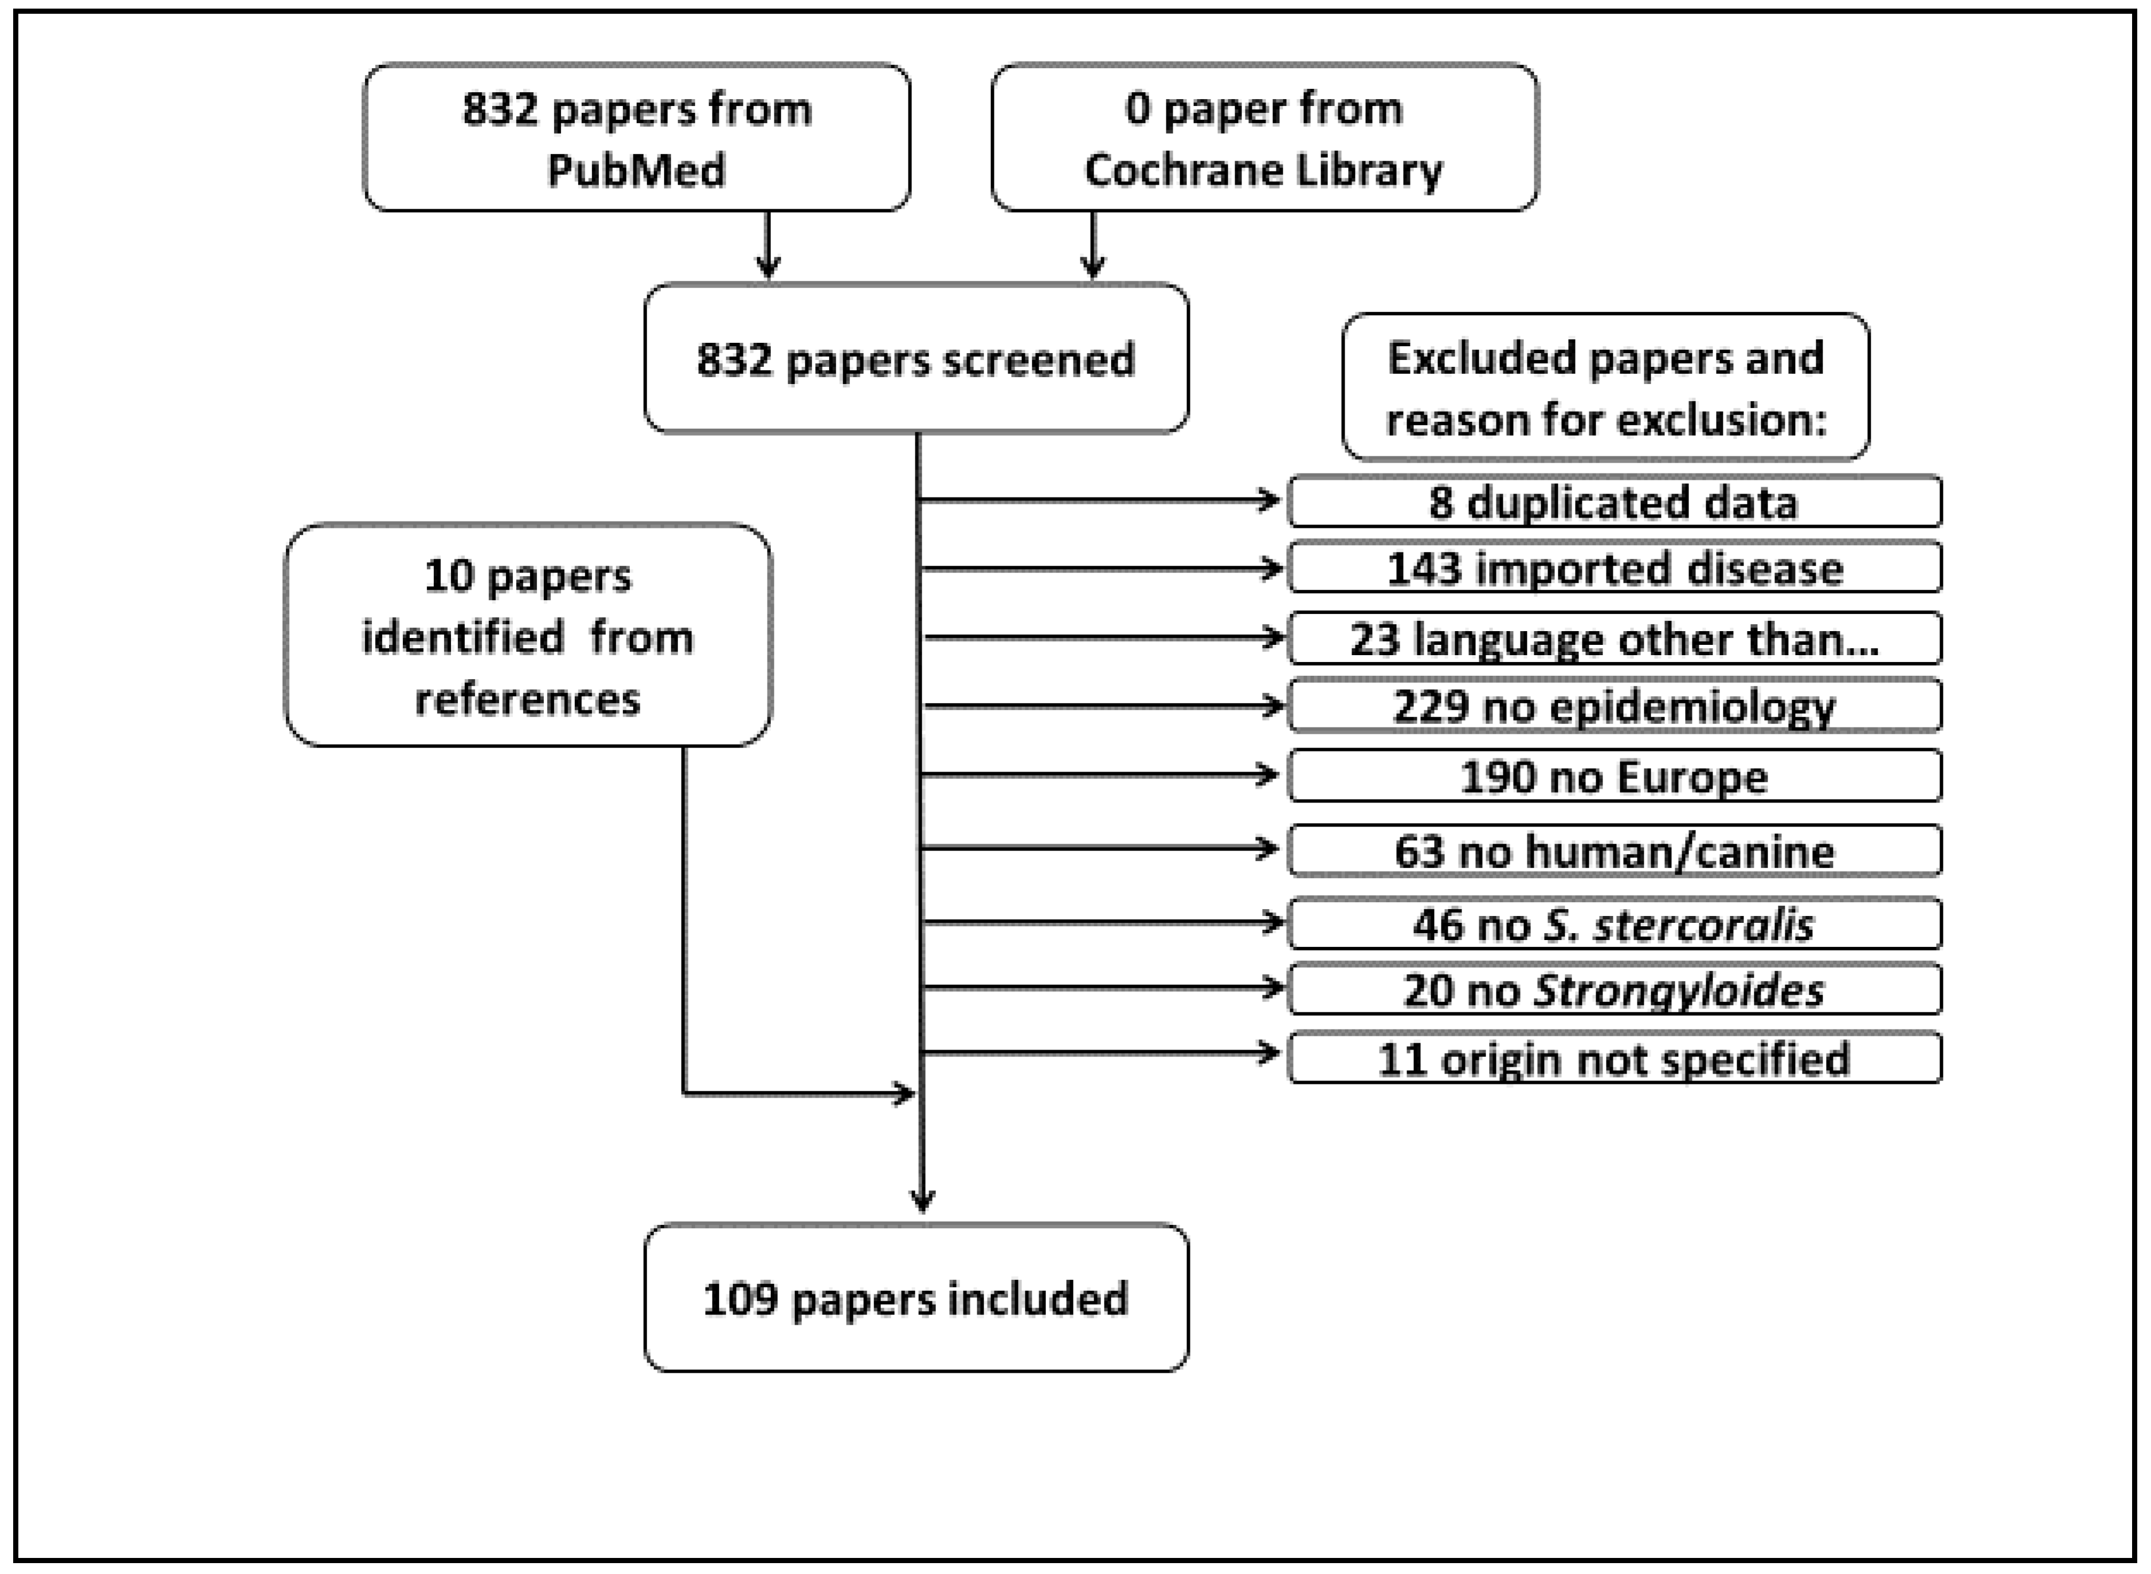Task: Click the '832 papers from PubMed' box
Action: [x=636, y=138]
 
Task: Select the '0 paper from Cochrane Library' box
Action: [x=1264, y=138]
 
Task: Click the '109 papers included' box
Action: [x=915, y=1298]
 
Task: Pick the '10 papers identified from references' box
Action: [x=528, y=636]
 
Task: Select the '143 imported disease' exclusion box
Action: [x=1614, y=569]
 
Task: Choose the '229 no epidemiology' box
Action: [x=1614, y=706]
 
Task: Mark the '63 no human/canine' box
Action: [x=1614, y=851]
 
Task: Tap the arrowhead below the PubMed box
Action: [x=768, y=267]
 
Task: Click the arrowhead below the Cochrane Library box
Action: [x=1092, y=267]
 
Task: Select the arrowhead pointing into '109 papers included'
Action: [x=921, y=1200]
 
